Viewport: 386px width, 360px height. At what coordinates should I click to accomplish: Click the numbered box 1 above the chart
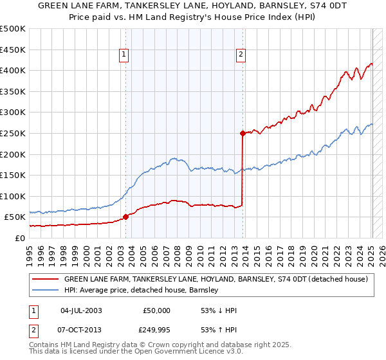pos(124,55)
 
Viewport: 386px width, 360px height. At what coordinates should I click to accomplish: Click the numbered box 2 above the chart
pos(241,55)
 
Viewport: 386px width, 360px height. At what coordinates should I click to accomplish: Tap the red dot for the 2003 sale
pos(125,217)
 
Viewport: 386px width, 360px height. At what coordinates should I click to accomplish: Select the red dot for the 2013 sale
pos(243,134)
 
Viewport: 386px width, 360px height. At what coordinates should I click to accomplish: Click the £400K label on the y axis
pos(13,70)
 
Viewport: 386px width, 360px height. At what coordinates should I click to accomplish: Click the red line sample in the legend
pos(46,280)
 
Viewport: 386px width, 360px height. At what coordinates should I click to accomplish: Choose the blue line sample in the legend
pos(46,290)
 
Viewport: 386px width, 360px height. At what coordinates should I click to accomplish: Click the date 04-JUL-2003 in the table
pos(80,310)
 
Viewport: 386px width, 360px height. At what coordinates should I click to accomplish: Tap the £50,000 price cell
pos(156,310)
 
